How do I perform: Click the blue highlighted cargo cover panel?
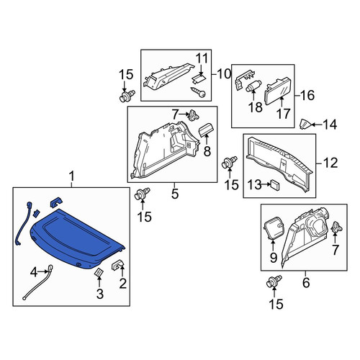point(77,238)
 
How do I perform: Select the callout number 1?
point(71,177)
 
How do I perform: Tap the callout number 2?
point(122,284)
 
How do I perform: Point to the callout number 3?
point(100,294)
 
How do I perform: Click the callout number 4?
point(34,272)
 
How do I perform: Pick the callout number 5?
point(175,194)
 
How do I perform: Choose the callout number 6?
point(306,282)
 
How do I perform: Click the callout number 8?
point(207,151)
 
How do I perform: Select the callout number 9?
point(274,258)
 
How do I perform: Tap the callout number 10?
point(224,74)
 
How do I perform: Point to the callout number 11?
point(202,58)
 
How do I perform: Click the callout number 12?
point(330,163)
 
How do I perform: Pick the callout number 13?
point(254,184)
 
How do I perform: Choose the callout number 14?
point(330,125)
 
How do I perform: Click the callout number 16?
point(307,95)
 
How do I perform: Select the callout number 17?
point(284,114)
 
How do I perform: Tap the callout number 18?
point(255,107)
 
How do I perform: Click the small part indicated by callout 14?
point(304,125)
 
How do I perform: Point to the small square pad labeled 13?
point(275,185)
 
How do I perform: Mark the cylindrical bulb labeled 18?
point(253,86)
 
